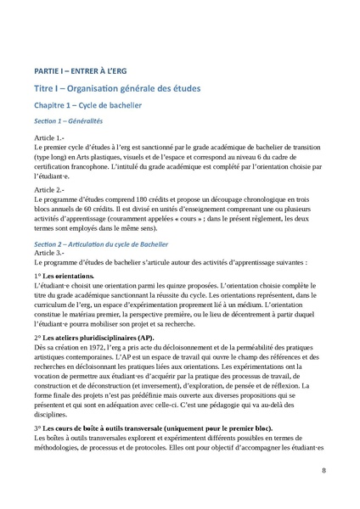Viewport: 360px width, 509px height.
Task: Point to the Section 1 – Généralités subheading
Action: click(x=74, y=121)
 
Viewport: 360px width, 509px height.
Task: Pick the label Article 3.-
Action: click(x=49, y=253)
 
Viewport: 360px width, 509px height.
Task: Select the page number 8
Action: click(x=323, y=471)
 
